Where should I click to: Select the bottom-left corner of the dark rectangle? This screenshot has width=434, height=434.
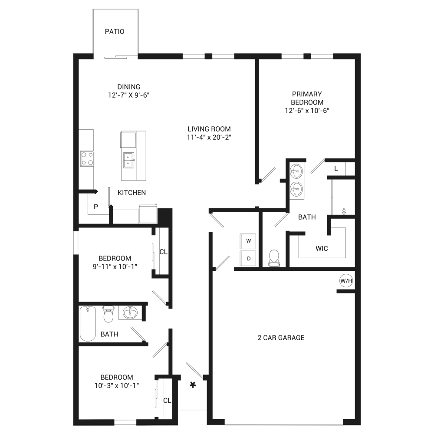pos(74,425)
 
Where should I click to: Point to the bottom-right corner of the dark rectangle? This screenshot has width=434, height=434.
pos(360,425)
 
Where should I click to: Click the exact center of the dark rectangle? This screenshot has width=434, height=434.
pos(217,217)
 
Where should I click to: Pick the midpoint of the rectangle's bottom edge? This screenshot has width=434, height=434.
pos(217,425)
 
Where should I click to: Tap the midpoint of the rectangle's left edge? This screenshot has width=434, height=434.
pos(74,217)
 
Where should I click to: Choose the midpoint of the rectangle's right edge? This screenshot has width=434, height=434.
pos(360,217)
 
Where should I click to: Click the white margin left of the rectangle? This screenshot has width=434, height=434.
pos(36,217)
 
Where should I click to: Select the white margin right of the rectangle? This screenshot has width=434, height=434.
pos(398,217)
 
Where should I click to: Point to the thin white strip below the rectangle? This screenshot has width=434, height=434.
pos(217,430)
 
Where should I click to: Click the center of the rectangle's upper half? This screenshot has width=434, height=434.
pos(217,113)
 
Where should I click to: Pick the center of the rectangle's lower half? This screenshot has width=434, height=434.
pos(217,321)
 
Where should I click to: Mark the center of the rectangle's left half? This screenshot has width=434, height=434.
pos(145,217)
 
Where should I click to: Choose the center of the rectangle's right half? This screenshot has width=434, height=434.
pos(289,217)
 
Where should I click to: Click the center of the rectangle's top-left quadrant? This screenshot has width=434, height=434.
pos(145,113)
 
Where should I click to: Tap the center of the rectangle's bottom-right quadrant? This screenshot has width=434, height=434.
pos(289,321)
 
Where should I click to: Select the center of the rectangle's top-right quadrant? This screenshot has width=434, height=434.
pos(289,113)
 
